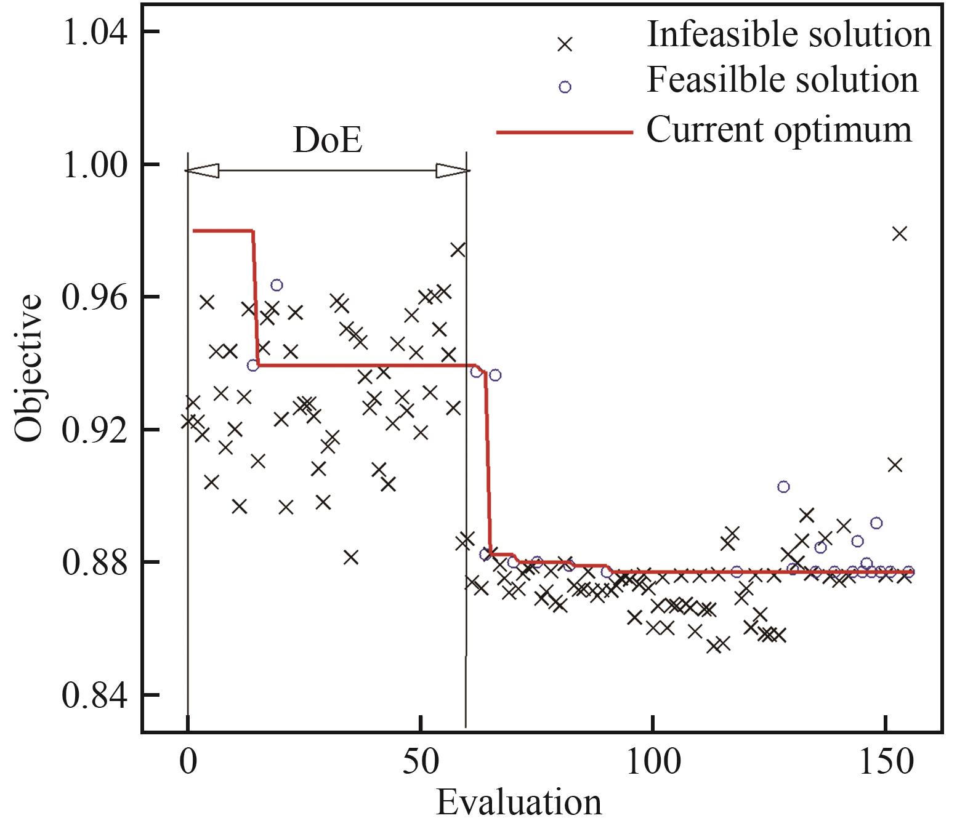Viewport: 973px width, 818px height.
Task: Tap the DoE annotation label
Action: pyautogui.click(x=327, y=140)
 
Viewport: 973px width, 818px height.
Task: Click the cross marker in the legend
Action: pyautogui.click(x=565, y=44)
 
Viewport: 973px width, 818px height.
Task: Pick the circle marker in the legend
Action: pyautogui.click(x=565, y=87)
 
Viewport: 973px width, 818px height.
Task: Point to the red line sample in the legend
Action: pyautogui.click(x=565, y=132)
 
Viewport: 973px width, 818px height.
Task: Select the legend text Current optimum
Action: pyautogui.click(x=779, y=129)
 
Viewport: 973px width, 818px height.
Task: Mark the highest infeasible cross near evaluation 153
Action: pyautogui.click(x=900, y=234)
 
